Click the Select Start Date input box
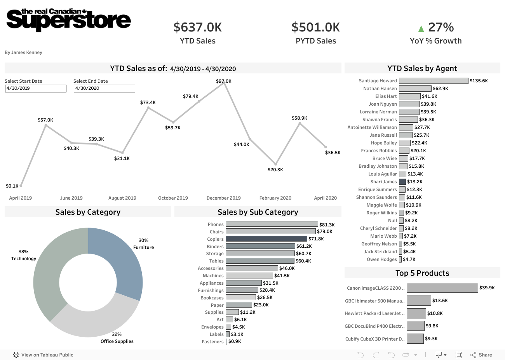[36, 89]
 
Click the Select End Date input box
[104, 89]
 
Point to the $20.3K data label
[275, 170]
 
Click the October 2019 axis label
[173, 198]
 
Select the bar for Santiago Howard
[434, 81]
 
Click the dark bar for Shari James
[402, 182]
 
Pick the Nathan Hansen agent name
[380, 89]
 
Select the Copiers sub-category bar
[266, 239]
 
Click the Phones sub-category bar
[272, 224]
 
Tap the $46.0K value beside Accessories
[287, 268]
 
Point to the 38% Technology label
[24, 255]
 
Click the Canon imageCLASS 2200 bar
[442, 288]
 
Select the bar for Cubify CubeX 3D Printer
[415, 339]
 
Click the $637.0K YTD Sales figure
[198, 27]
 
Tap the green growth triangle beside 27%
[421, 28]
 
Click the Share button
[481, 355]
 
